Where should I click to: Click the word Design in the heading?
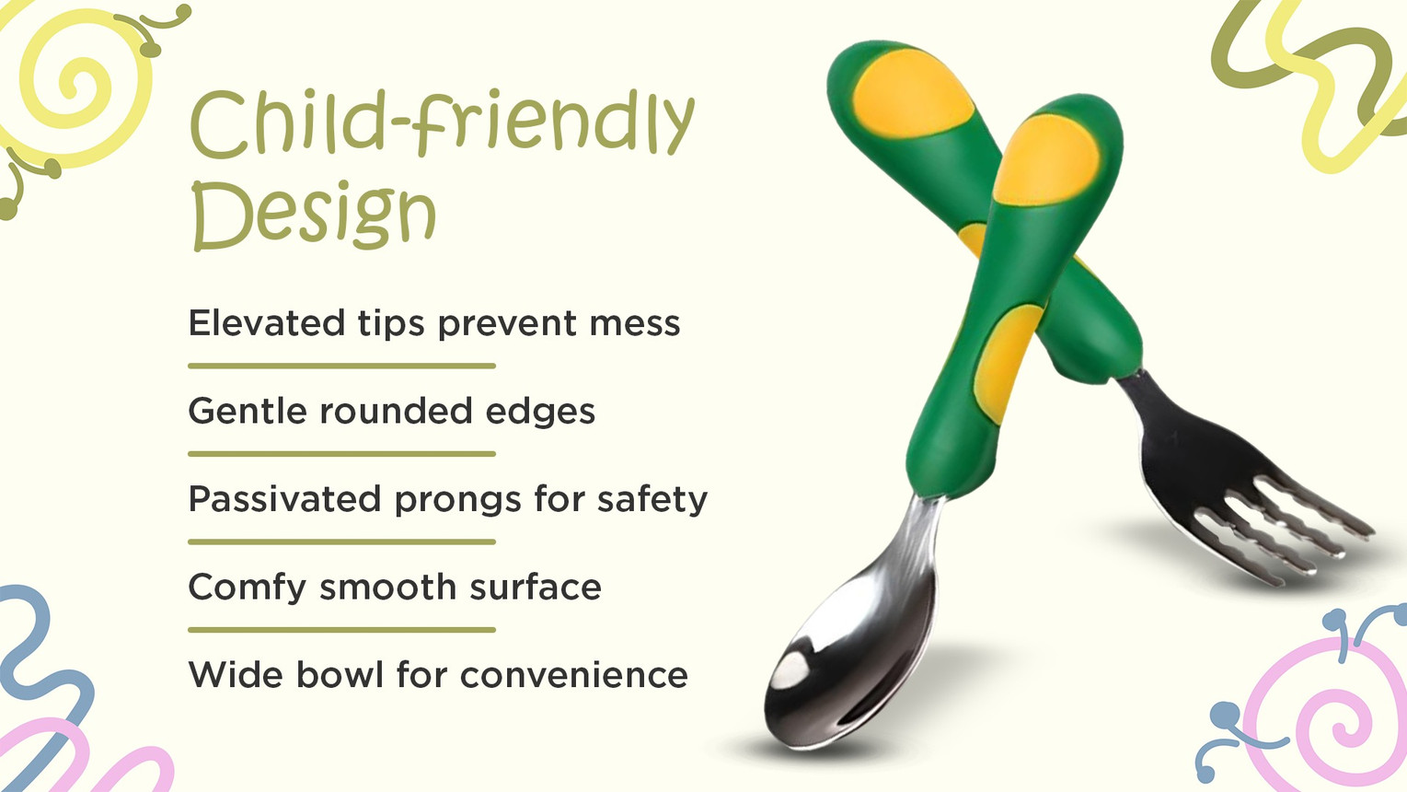[x=314, y=214]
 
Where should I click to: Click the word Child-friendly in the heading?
[x=443, y=122]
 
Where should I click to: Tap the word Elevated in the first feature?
[x=266, y=323]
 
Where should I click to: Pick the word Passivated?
[x=285, y=499]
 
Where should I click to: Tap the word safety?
[x=652, y=500]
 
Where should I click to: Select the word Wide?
[x=236, y=675]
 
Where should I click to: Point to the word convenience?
[x=573, y=676]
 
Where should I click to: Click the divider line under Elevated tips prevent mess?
[x=341, y=366]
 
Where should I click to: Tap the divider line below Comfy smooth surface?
[x=341, y=629]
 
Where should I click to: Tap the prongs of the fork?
[x=1281, y=528]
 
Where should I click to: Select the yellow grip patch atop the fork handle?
[x=905, y=93]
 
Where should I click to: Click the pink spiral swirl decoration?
[x=1332, y=716]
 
